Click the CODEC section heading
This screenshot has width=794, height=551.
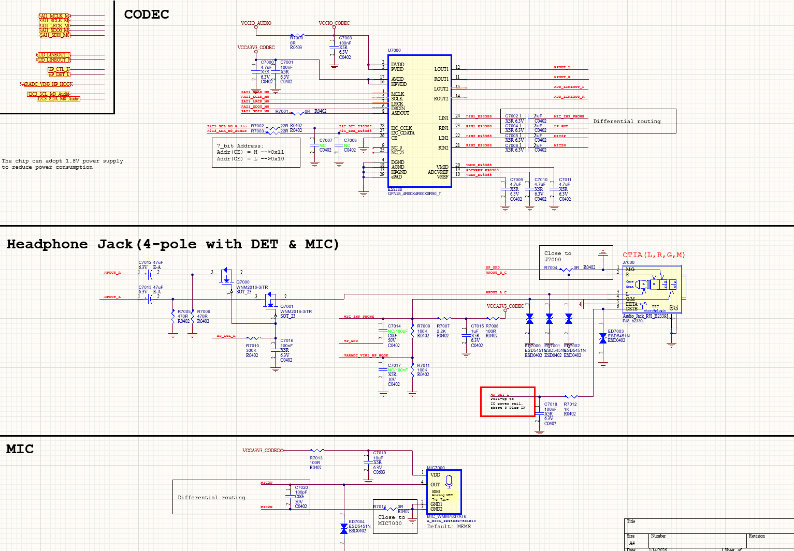(x=147, y=14)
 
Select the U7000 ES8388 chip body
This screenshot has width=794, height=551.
(x=420, y=122)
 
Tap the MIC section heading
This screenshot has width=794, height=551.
(x=20, y=449)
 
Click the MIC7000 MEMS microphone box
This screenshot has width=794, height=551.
(x=444, y=491)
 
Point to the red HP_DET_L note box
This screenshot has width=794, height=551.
(x=508, y=401)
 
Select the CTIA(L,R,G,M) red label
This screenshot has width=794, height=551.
(x=654, y=255)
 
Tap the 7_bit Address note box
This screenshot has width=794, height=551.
(x=256, y=153)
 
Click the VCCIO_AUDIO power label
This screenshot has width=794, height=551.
(x=256, y=23)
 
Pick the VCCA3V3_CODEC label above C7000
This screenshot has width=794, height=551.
(x=256, y=48)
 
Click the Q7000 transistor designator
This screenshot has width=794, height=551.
(x=243, y=282)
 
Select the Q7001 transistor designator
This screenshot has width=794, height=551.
(x=287, y=306)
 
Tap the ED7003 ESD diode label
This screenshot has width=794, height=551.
(x=616, y=331)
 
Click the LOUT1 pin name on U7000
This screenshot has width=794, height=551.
(x=441, y=69)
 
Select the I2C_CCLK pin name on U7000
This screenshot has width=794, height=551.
(x=401, y=128)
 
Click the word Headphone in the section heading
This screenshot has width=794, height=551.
(x=47, y=244)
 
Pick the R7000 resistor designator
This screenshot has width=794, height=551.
(x=296, y=38)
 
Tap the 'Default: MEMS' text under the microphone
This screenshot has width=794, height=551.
(x=449, y=527)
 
